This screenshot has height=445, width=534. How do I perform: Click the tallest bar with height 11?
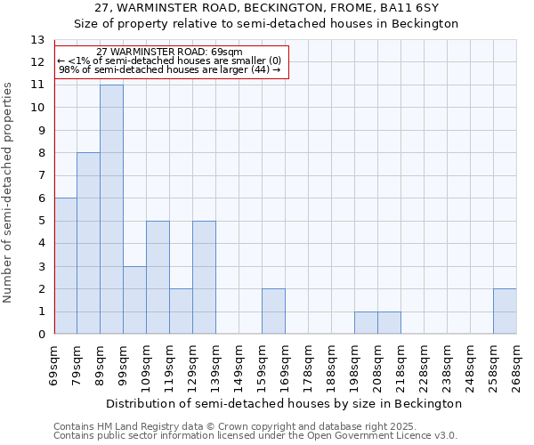tap(111, 209)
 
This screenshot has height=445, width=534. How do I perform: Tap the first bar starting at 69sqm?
tap(65, 266)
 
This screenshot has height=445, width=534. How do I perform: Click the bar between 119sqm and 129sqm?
tap(181, 311)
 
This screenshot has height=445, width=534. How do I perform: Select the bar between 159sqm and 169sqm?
tap(273, 311)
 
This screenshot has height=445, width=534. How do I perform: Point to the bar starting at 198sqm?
tap(366, 323)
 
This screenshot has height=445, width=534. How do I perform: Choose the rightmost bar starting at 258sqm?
tap(505, 311)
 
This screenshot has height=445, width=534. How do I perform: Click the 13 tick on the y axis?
tap(37, 40)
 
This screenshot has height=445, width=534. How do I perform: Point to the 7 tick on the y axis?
tap(41, 176)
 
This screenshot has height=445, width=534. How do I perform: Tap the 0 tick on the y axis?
tap(41, 335)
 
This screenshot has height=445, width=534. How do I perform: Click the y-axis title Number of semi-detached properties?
tap(9, 191)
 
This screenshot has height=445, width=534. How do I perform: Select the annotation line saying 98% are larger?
tap(169, 70)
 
